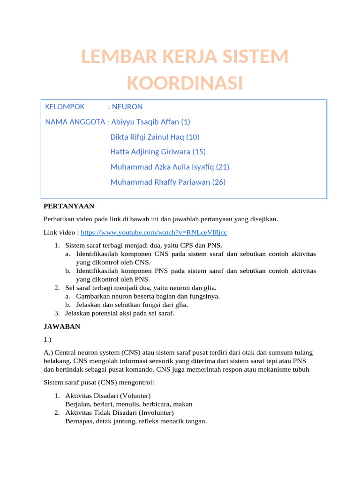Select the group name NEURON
(x=127, y=107)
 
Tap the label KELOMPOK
(x=65, y=107)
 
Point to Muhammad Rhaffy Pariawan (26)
(x=167, y=182)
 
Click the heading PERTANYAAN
(x=69, y=206)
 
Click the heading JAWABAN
(x=62, y=327)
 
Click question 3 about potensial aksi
(x=120, y=313)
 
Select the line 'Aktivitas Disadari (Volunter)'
(x=108, y=396)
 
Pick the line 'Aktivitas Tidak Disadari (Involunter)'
(x=120, y=412)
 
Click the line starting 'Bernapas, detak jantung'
(x=136, y=421)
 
